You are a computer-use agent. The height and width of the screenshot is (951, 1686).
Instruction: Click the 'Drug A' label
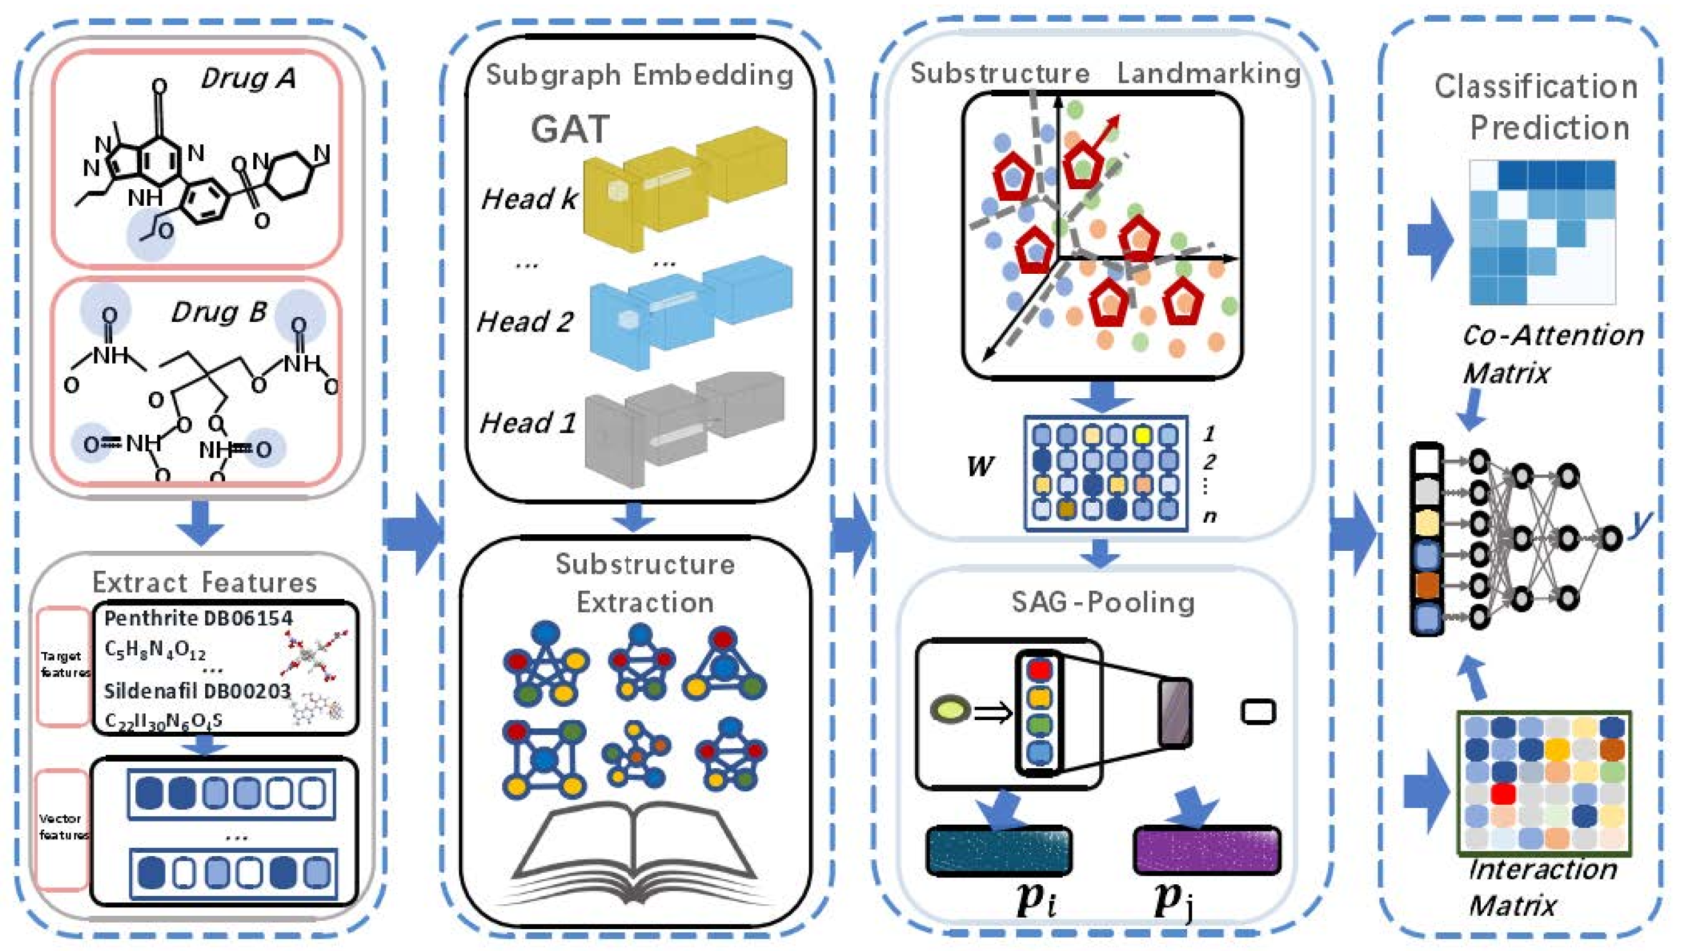[x=248, y=78]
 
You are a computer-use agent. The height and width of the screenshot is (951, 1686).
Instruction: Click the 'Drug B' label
[x=219, y=312]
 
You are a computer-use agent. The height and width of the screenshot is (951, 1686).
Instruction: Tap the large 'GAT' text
[x=570, y=129]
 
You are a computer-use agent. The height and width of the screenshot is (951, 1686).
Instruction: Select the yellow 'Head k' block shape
[x=684, y=190]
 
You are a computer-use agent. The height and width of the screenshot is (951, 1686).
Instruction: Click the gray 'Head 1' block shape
[x=684, y=425]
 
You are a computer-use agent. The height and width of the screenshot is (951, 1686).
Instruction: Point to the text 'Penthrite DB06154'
[x=198, y=618]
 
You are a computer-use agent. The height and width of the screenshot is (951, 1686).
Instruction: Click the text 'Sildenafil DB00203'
[x=197, y=691]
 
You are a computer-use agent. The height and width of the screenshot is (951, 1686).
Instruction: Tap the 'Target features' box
[x=63, y=665]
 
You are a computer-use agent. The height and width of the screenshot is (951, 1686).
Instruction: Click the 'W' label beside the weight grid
[x=980, y=467]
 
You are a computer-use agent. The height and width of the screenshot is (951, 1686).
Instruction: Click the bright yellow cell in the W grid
[x=1143, y=435]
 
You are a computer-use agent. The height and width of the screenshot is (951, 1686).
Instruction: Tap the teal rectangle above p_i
[x=999, y=850]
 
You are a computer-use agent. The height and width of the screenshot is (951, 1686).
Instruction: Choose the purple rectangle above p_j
[x=1206, y=850]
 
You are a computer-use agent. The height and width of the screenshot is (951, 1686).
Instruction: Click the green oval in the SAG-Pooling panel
[x=950, y=711]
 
